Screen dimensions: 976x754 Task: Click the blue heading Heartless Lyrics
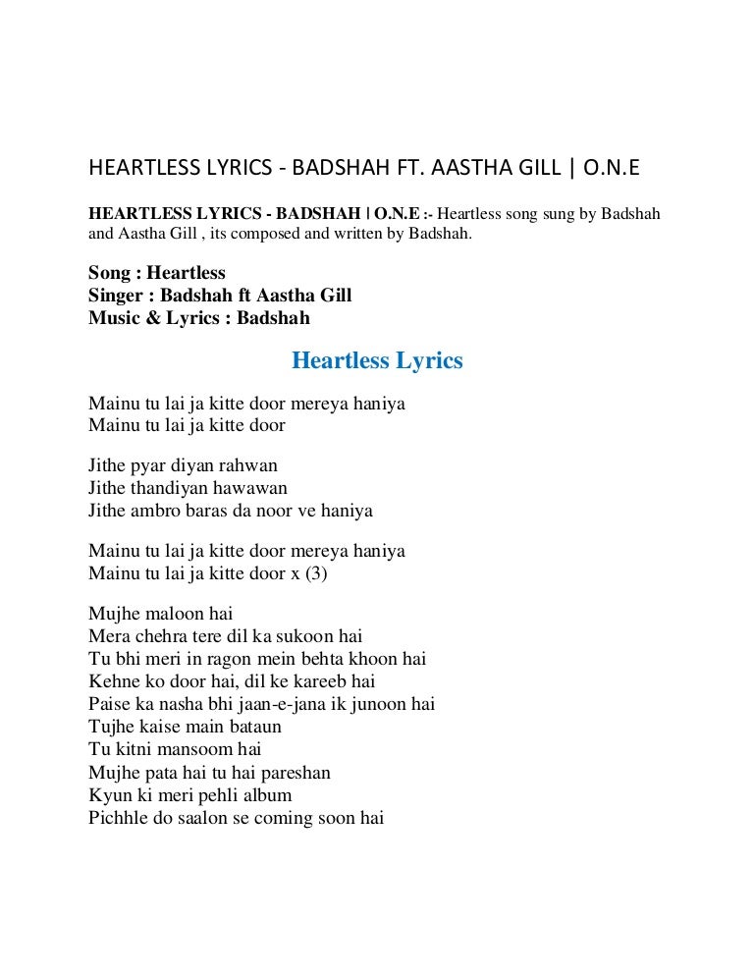pyautogui.click(x=377, y=361)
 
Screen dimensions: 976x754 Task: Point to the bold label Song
pyautogui.click(x=108, y=273)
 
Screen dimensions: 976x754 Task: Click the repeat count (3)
pyautogui.click(x=314, y=573)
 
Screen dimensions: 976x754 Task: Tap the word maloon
pyautogui.click(x=173, y=615)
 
